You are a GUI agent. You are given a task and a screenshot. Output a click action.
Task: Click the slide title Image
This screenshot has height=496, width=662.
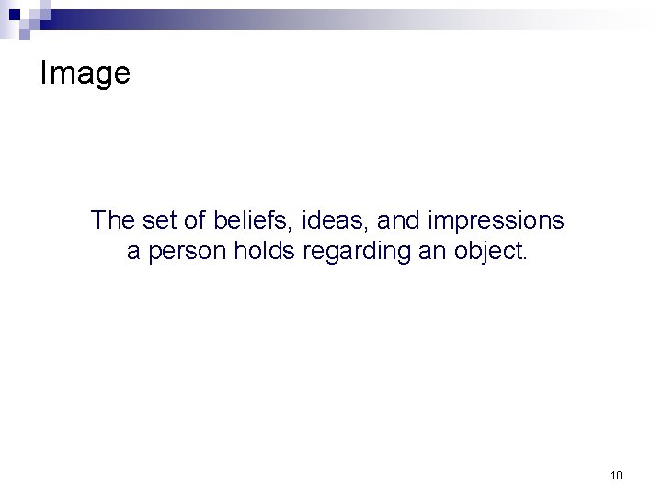point(85,74)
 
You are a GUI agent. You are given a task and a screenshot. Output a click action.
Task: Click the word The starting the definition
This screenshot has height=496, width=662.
point(113,220)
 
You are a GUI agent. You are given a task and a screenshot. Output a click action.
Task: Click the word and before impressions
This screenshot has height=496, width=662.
point(394,220)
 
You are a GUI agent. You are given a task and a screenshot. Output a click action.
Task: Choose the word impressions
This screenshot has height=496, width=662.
point(494,221)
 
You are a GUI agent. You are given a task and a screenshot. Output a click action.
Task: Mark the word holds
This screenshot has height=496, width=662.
point(265,252)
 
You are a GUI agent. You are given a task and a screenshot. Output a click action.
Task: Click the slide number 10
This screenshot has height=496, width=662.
point(615,475)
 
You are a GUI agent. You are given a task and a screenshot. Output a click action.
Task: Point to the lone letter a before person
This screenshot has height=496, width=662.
point(133,253)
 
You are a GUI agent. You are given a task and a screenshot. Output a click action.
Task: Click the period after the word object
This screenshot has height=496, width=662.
point(527,259)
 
